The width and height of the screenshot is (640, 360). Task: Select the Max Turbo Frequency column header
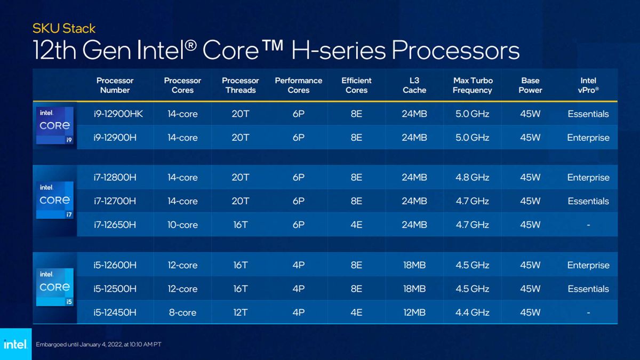472,85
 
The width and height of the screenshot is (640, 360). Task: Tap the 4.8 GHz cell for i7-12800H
472,178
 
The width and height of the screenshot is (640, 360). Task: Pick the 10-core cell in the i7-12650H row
182,225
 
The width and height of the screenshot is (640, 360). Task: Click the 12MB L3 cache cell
414,313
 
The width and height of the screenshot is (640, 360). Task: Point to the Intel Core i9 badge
55,125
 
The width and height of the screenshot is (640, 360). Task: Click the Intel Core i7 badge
55,200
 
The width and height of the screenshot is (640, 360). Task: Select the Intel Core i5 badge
55,287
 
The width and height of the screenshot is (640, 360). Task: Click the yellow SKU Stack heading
64,28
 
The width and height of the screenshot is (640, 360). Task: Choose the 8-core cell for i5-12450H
182,313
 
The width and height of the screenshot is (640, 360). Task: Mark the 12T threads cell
241,313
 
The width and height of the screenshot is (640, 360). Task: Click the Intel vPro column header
588,85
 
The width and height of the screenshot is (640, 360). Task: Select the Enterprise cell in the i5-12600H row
588,265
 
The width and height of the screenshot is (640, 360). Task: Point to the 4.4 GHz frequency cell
472,313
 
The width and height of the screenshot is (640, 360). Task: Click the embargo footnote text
98,345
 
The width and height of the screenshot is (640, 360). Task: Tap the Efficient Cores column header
356,85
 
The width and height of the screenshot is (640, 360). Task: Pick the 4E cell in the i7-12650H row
356,225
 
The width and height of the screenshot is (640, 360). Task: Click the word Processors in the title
455,51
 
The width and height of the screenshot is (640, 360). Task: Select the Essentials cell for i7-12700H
588,201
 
